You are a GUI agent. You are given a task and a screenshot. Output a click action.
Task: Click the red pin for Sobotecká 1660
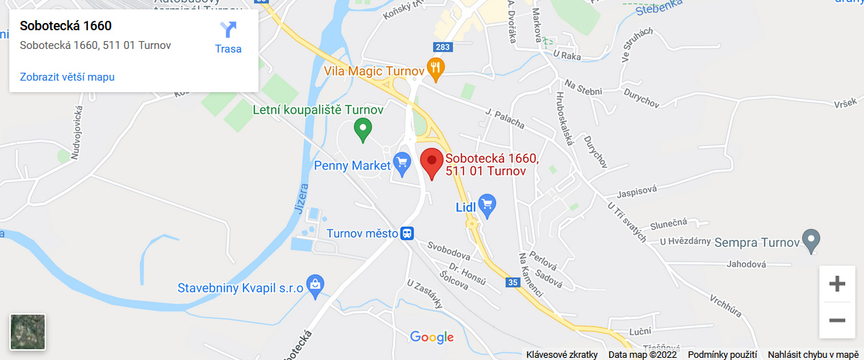pos(431,162)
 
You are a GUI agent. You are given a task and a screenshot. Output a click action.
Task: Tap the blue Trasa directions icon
pos(228,30)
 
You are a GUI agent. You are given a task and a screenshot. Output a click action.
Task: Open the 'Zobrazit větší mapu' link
pos(67,77)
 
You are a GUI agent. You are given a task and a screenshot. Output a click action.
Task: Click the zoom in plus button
pos(837,284)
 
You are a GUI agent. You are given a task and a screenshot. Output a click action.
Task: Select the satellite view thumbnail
pos(27,332)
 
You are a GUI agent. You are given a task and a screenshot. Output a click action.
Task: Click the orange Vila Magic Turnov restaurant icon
pos(436,70)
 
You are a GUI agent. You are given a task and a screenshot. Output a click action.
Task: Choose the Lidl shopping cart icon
pos(487,205)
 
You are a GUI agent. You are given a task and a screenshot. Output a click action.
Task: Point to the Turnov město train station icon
pos(408,233)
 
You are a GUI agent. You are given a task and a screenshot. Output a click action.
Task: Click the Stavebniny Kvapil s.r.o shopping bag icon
pos(314,286)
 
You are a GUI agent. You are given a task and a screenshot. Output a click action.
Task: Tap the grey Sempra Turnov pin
pos(811,240)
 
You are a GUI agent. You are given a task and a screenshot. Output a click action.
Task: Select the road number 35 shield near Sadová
pos(513,283)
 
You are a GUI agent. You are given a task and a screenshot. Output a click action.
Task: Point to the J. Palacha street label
pos(505,117)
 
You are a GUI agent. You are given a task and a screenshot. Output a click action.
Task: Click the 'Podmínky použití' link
pos(722,354)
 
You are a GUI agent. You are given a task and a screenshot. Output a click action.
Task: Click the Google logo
pos(432,337)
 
